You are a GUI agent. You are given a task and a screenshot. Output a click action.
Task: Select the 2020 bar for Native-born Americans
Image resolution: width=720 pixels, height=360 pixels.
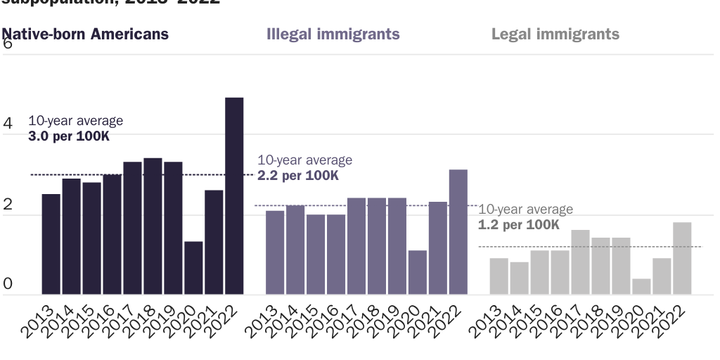click(193, 268)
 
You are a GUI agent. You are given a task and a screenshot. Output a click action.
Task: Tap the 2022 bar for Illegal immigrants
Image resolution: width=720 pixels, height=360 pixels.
click(458, 232)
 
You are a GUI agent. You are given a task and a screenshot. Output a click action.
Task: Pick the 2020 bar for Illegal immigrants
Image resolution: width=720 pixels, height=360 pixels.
click(417, 272)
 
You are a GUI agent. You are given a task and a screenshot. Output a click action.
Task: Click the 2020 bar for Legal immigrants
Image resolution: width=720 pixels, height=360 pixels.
click(641, 286)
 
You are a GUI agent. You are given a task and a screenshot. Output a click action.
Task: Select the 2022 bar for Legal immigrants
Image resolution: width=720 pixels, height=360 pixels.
click(682, 258)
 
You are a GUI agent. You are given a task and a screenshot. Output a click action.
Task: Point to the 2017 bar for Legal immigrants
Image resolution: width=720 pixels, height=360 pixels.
click(580, 262)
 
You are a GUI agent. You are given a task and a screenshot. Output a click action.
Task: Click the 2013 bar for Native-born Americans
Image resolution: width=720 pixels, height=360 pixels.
click(51, 244)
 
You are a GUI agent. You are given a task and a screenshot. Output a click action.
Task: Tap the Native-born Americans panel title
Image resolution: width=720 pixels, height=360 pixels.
click(85, 34)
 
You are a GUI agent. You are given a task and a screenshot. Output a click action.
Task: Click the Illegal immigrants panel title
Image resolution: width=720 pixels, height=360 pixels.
click(333, 34)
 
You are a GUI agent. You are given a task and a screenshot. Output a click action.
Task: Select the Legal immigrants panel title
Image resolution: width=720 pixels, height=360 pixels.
click(555, 34)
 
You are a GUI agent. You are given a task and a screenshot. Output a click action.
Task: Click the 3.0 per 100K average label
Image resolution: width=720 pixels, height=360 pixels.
click(69, 136)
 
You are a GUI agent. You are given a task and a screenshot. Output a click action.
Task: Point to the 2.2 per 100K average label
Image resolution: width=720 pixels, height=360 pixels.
click(298, 176)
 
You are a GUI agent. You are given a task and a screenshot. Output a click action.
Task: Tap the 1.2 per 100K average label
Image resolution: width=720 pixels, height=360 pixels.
click(519, 225)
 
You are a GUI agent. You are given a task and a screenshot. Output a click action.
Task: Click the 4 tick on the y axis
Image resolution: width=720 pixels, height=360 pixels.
click(8, 124)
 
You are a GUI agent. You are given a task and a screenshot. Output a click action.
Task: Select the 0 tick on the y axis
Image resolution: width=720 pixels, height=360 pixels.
click(8, 284)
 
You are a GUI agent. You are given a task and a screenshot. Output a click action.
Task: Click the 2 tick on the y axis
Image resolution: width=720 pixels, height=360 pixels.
click(8, 205)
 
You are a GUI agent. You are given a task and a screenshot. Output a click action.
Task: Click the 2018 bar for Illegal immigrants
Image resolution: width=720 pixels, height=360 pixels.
click(376, 246)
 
